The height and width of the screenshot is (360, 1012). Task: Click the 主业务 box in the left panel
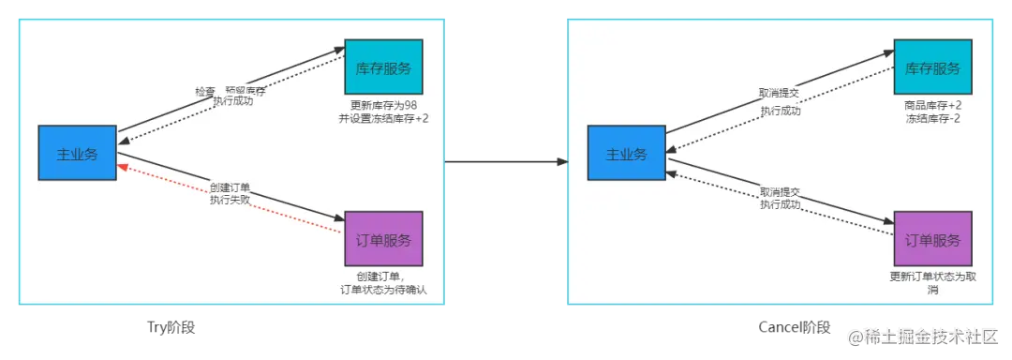pos(77,154)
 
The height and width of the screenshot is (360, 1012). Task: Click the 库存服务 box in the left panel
pos(383,67)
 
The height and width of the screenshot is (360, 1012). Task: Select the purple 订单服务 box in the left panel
pos(383,240)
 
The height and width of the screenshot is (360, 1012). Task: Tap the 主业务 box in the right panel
pos(626,154)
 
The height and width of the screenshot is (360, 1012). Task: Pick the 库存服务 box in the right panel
pos(933,67)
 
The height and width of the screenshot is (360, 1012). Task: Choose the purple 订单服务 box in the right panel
pos(933,240)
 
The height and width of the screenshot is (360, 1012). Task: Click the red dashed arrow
pos(230,200)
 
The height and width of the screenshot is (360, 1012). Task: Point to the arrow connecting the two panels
pos(506,161)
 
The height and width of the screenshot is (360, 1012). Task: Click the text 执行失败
pos(231,199)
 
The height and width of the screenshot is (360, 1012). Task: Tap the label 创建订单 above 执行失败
pos(231,186)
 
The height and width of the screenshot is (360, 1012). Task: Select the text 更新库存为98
pos(383,105)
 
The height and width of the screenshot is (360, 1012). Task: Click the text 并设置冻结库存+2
pos(383,118)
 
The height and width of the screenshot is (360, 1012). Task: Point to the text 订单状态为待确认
pos(383,290)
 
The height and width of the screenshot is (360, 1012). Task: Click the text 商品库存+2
pos(933,105)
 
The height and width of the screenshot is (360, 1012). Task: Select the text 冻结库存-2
pos(933,118)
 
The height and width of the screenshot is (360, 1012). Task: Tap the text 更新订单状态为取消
pos(933,283)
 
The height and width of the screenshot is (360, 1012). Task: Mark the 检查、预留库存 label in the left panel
pos(230,91)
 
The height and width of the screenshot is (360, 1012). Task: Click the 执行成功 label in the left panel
pos(232,101)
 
